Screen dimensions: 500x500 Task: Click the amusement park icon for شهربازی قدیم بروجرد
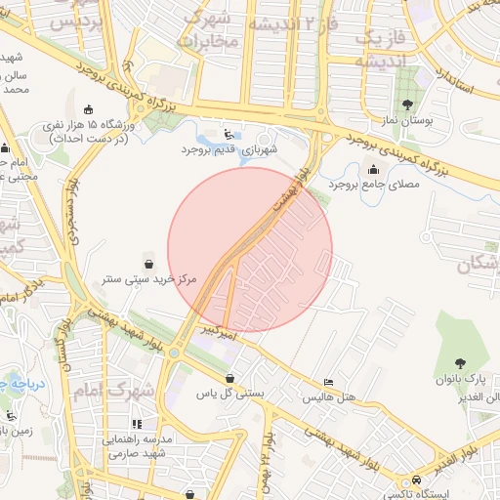229,135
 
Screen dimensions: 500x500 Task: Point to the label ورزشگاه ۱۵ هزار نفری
93,127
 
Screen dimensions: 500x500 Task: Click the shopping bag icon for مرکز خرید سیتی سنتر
147,264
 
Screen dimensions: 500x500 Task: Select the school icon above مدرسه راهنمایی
137,424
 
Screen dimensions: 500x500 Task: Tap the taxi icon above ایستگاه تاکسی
417,480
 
